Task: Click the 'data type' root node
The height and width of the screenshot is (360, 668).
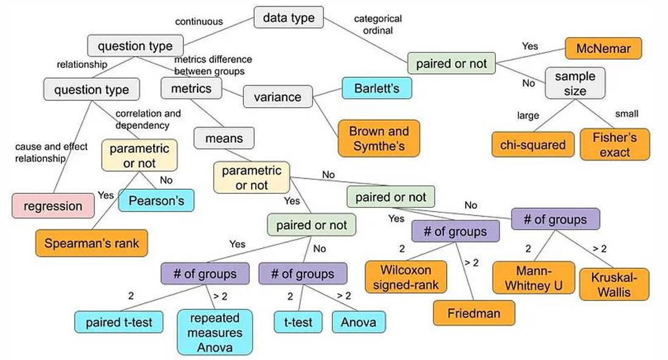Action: pos(288,18)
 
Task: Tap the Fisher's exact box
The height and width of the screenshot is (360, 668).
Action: pos(615,144)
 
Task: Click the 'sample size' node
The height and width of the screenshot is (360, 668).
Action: pos(574,83)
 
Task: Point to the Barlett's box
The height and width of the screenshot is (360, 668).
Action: pos(376,89)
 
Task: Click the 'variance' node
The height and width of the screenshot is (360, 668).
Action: pos(277,97)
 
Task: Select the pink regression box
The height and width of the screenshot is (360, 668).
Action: pos(53,206)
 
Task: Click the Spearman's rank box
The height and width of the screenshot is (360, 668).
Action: pos(91,244)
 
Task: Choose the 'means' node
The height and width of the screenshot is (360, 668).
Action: pos(224,139)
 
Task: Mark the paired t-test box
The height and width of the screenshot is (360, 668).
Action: pos(119,322)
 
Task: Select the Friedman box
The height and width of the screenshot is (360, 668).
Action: pos(473,313)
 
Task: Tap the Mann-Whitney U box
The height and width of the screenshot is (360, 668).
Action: pos(533,277)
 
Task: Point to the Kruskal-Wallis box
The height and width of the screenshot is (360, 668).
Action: pos(614,283)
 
